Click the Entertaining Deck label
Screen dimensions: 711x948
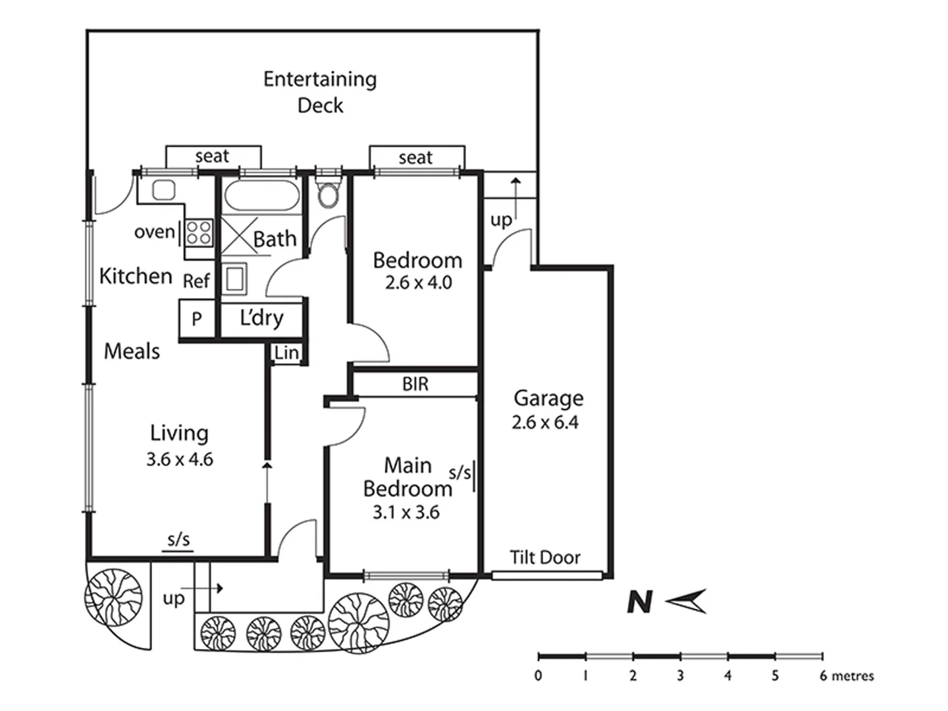(320, 92)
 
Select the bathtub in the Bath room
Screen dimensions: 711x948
(261, 196)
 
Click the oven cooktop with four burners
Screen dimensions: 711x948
(199, 233)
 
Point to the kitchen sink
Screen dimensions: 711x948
(163, 190)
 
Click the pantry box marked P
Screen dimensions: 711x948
(196, 319)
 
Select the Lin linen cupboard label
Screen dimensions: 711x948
(286, 354)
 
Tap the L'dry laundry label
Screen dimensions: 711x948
(261, 318)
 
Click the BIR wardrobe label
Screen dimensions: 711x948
(415, 384)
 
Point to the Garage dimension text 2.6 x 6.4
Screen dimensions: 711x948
(545, 422)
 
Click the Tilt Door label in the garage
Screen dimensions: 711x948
(545, 558)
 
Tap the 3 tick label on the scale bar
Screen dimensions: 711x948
(680, 675)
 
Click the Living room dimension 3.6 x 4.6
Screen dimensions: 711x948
(180, 459)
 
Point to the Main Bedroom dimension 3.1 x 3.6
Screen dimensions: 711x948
(406, 512)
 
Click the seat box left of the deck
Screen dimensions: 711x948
(213, 157)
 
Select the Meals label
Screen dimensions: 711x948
(132, 351)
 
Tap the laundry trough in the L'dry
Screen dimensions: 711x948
(234, 279)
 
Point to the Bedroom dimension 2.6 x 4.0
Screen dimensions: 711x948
(419, 282)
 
